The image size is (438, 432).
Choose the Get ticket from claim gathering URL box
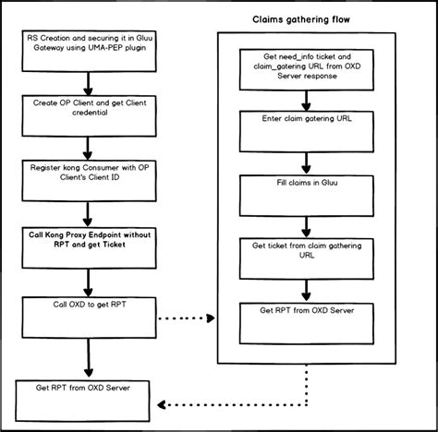[303, 255]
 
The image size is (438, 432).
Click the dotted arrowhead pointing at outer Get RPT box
[163, 404]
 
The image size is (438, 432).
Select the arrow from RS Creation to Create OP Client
[85, 81]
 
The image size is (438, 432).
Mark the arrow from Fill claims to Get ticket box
[303, 223]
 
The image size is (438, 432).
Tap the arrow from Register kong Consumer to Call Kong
[85, 213]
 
